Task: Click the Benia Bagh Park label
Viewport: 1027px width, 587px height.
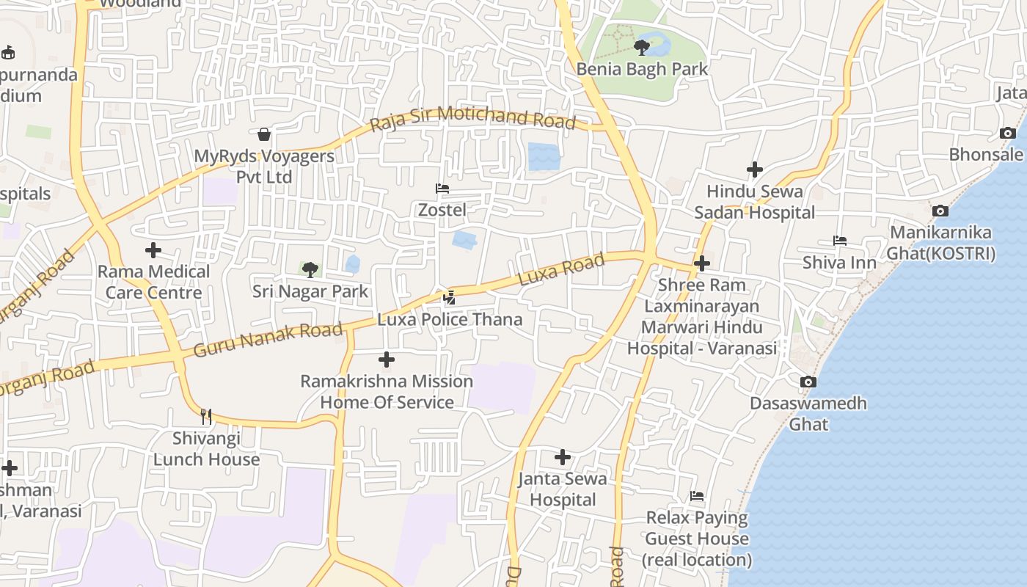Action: (642, 69)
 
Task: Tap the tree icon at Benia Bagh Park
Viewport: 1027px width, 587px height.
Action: (642, 48)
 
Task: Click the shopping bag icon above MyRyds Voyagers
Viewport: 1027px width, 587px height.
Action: (264, 134)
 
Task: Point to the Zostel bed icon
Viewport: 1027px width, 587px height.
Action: (442, 189)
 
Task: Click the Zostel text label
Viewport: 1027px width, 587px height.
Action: (442, 210)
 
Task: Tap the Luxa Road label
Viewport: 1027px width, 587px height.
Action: (561, 269)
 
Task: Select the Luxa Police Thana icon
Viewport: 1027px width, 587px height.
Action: (450, 298)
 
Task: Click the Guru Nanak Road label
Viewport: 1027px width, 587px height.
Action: (268, 340)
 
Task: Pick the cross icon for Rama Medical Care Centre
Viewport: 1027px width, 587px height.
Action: (153, 251)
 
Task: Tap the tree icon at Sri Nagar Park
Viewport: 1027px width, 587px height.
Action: (310, 269)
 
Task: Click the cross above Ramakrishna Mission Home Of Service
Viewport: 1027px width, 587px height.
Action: (387, 360)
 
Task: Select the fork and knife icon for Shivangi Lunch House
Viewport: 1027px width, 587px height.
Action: (206, 417)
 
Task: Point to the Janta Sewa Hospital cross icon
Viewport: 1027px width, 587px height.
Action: (563, 458)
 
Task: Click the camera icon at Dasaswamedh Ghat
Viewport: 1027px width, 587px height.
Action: (808, 382)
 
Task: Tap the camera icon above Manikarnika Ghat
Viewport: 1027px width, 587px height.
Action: (940, 211)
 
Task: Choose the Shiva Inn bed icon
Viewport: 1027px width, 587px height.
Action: (840, 241)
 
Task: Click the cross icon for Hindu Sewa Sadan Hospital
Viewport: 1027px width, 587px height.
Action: (755, 170)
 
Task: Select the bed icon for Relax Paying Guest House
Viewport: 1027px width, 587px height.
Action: (697, 497)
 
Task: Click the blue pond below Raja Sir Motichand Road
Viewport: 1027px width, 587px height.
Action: (544, 156)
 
